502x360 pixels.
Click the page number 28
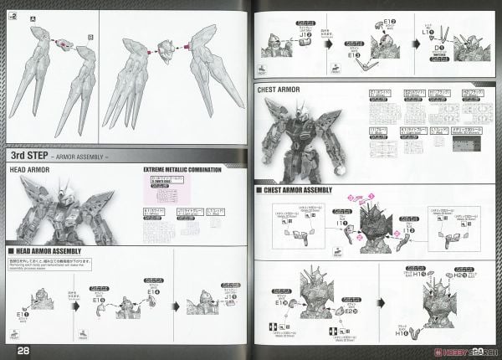[23, 347]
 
